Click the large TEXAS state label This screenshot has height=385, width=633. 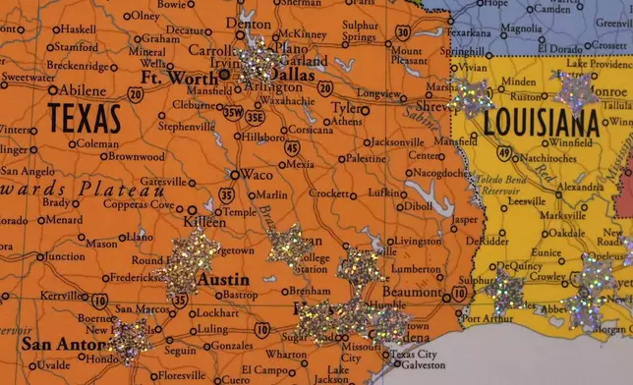[x=86, y=119]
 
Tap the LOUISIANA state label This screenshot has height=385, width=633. [x=541, y=124]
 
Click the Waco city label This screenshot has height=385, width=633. [x=258, y=175]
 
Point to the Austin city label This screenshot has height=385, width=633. [x=223, y=279]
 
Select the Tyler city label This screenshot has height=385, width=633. [x=345, y=108]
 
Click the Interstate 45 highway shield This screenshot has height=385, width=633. [x=293, y=146]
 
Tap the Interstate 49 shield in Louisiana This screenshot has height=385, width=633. [x=503, y=152]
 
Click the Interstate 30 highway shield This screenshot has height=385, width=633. [x=403, y=33]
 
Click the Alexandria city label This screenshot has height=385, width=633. [x=580, y=186]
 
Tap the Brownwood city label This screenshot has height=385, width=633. [x=137, y=156]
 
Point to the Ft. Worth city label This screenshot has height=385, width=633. [x=179, y=77]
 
